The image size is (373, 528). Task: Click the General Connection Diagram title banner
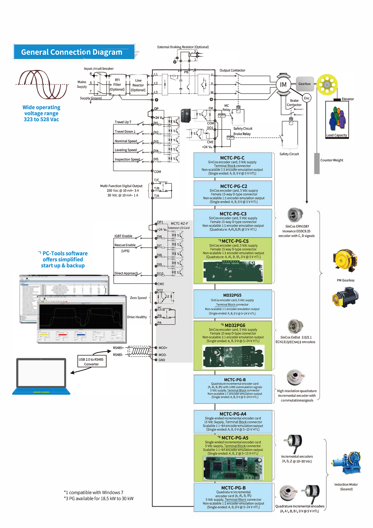pos(74,52)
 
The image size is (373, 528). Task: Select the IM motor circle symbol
pos(283,85)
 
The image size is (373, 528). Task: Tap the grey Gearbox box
pos(305,84)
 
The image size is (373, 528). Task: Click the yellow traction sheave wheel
pos(327,85)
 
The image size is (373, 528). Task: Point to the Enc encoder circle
pos(306,98)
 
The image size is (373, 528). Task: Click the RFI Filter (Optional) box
pos(117,85)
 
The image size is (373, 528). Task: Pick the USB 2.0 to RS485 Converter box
pos(91,362)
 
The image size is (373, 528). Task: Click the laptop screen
pos(41,373)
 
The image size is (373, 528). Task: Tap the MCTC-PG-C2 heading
pos(234,186)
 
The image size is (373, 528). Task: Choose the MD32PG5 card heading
pos(232,295)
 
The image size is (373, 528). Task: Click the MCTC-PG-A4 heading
pos(233,414)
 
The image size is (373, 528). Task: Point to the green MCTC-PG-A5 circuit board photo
pos(233,468)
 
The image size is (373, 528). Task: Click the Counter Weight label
pos(331,160)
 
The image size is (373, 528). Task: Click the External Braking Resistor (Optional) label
pos(183,47)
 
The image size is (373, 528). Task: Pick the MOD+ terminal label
pos(163,348)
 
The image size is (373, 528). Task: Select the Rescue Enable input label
pos(125,245)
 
